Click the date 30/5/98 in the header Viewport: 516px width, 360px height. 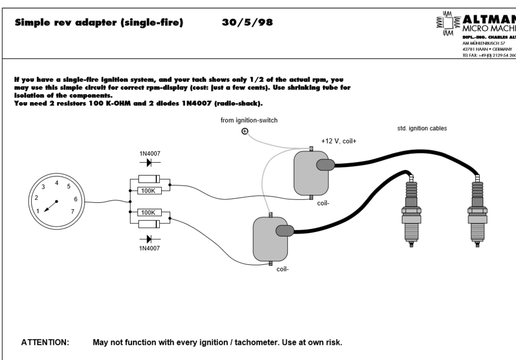(x=247, y=23)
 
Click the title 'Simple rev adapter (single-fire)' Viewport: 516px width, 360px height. (x=99, y=23)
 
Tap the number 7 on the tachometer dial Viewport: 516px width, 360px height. (x=73, y=211)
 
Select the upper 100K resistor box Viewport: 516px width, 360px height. (x=148, y=190)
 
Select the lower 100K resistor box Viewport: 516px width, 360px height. (x=148, y=212)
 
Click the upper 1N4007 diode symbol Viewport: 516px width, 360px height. (x=150, y=163)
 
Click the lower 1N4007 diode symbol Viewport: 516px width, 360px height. (x=150, y=239)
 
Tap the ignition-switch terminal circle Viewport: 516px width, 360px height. (x=245, y=132)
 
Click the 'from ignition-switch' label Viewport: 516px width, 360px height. (x=249, y=120)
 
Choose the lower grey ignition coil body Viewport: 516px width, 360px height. (x=270, y=239)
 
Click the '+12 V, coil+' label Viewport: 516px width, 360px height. (x=339, y=141)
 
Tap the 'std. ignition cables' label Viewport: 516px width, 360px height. (x=422, y=128)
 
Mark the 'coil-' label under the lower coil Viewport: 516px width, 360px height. (x=283, y=269)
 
